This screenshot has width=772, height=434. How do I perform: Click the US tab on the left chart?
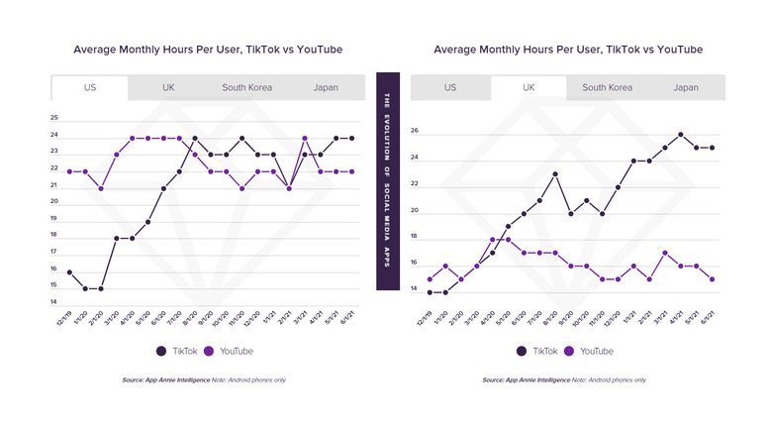coord(89,87)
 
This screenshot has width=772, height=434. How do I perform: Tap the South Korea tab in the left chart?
coord(246,87)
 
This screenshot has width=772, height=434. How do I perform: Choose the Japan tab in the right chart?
coord(686,87)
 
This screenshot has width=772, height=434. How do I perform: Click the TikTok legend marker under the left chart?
coord(162,351)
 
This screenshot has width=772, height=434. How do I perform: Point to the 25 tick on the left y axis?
coord(53,119)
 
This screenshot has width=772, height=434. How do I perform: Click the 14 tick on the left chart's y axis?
coord(53,302)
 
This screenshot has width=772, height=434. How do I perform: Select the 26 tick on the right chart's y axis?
coord(415,131)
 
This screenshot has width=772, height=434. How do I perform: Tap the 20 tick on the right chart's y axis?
coord(415,211)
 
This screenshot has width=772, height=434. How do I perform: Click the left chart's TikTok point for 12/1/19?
coord(69,271)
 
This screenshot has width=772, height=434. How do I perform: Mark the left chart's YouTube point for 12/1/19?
coord(69,171)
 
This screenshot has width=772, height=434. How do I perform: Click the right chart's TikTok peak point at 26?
coord(681,135)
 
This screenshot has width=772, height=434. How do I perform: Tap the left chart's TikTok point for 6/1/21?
coord(352,138)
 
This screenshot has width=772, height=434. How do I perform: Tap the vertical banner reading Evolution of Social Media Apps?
coord(387,181)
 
